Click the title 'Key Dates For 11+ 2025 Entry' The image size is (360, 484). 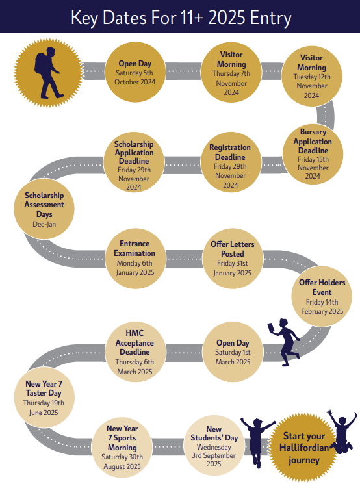click(181, 18)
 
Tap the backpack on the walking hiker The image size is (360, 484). click(40, 63)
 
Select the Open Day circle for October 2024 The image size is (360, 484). click(135, 72)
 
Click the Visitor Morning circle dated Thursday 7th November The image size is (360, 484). click(231, 73)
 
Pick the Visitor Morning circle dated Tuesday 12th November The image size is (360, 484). click(311, 76)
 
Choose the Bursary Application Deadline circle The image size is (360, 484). click(313, 154)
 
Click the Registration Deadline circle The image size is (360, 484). click(230, 162)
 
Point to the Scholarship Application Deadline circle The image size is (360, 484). click(134, 162)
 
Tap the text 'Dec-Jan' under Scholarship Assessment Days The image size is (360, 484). click(44, 224)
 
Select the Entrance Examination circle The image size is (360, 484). click(135, 259)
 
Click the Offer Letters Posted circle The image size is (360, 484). click(233, 259)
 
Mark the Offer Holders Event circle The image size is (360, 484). click(322, 296)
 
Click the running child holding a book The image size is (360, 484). click(285, 342)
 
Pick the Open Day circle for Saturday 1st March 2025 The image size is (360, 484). click(233, 352)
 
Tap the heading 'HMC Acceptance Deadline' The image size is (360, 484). click(135, 342)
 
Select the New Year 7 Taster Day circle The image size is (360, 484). click(44, 398)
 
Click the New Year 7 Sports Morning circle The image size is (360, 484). click(122, 448)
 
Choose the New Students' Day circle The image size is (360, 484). click(214, 446)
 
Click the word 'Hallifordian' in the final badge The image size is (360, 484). click(304, 448)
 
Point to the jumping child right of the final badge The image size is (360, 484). click(342, 431)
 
